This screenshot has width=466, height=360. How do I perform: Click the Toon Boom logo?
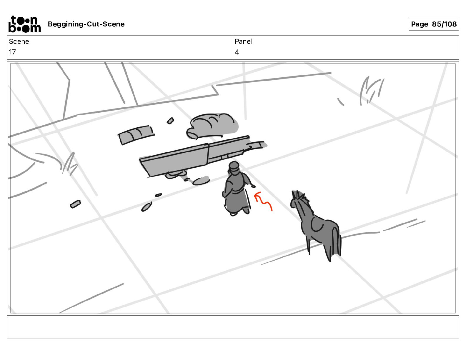[24, 24]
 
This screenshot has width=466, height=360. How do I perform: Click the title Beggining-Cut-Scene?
[86, 24]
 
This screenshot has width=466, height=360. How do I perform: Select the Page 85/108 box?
[434, 24]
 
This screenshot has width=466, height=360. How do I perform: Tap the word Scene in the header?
[19, 41]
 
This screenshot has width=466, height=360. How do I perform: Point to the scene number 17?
[12, 52]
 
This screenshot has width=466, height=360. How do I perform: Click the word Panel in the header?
[243, 41]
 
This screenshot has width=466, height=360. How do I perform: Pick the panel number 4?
[237, 52]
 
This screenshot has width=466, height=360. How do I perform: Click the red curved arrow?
[263, 201]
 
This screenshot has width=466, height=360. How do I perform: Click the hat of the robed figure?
[234, 166]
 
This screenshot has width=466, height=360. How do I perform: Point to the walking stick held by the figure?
[248, 199]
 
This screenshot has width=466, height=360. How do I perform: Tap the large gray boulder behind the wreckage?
[212, 126]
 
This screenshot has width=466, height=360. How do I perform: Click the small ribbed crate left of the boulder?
[136, 135]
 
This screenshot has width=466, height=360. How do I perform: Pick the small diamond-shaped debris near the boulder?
[170, 121]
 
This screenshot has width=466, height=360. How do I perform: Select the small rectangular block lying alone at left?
[76, 204]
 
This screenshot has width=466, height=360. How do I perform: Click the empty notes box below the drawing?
[233, 328]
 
